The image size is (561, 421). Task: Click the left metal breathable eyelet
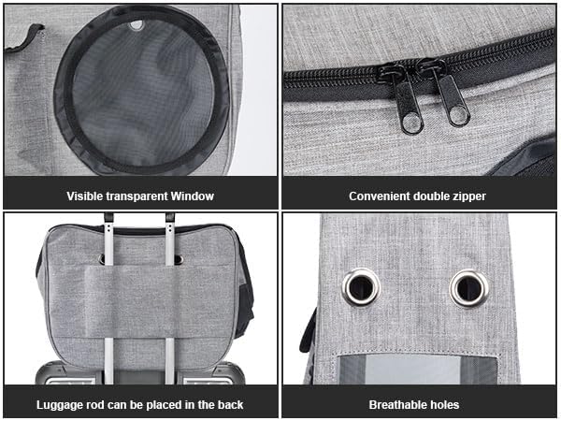tap(361, 287)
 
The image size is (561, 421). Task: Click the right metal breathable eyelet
tap(469, 287)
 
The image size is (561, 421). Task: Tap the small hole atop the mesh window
tap(137, 25)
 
